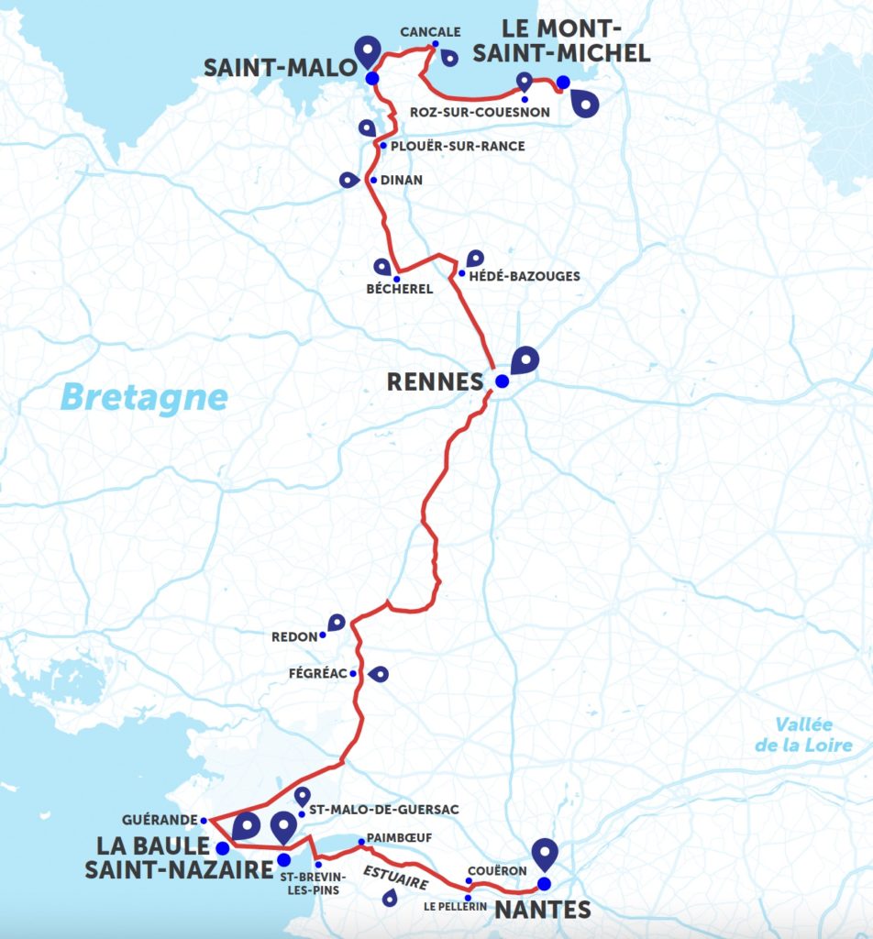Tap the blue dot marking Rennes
(502, 381)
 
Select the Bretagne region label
(144, 398)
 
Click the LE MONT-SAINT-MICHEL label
(561, 42)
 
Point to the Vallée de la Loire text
(803, 734)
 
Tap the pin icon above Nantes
(546, 852)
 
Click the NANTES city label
(542, 910)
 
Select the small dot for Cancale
(435, 44)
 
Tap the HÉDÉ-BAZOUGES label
(525, 276)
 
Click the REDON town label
(293, 635)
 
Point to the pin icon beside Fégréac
(377, 675)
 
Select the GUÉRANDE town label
(160, 820)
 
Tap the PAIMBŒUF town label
(399, 838)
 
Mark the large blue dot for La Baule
(222, 846)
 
